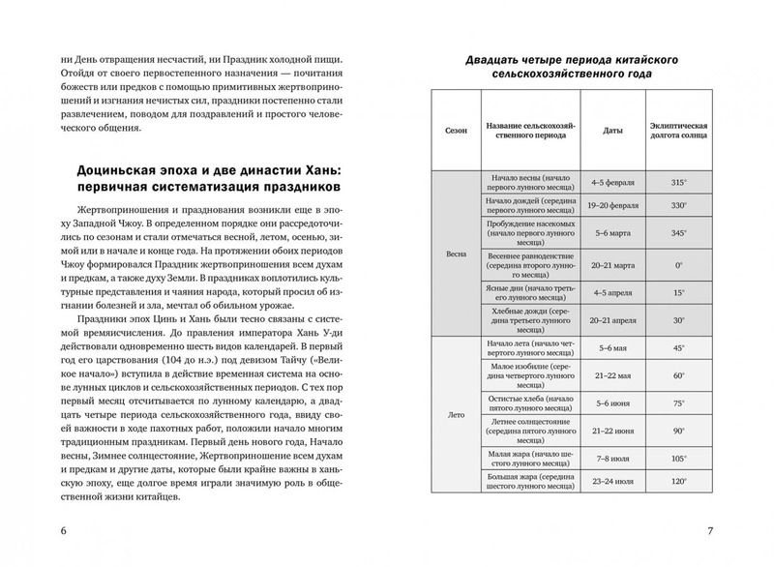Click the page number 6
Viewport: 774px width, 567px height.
click(64, 532)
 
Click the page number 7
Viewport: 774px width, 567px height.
click(710, 532)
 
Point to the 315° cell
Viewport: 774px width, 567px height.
click(679, 180)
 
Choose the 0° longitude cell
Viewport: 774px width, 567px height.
click(679, 262)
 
